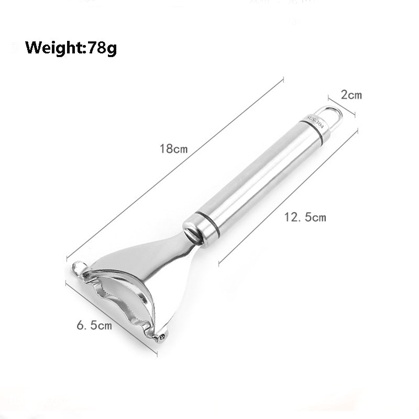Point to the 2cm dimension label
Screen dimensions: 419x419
click(351, 95)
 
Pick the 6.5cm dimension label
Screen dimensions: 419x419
click(94, 325)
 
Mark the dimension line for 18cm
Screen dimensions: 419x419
click(175, 168)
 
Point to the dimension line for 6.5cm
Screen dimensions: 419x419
click(111, 319)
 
